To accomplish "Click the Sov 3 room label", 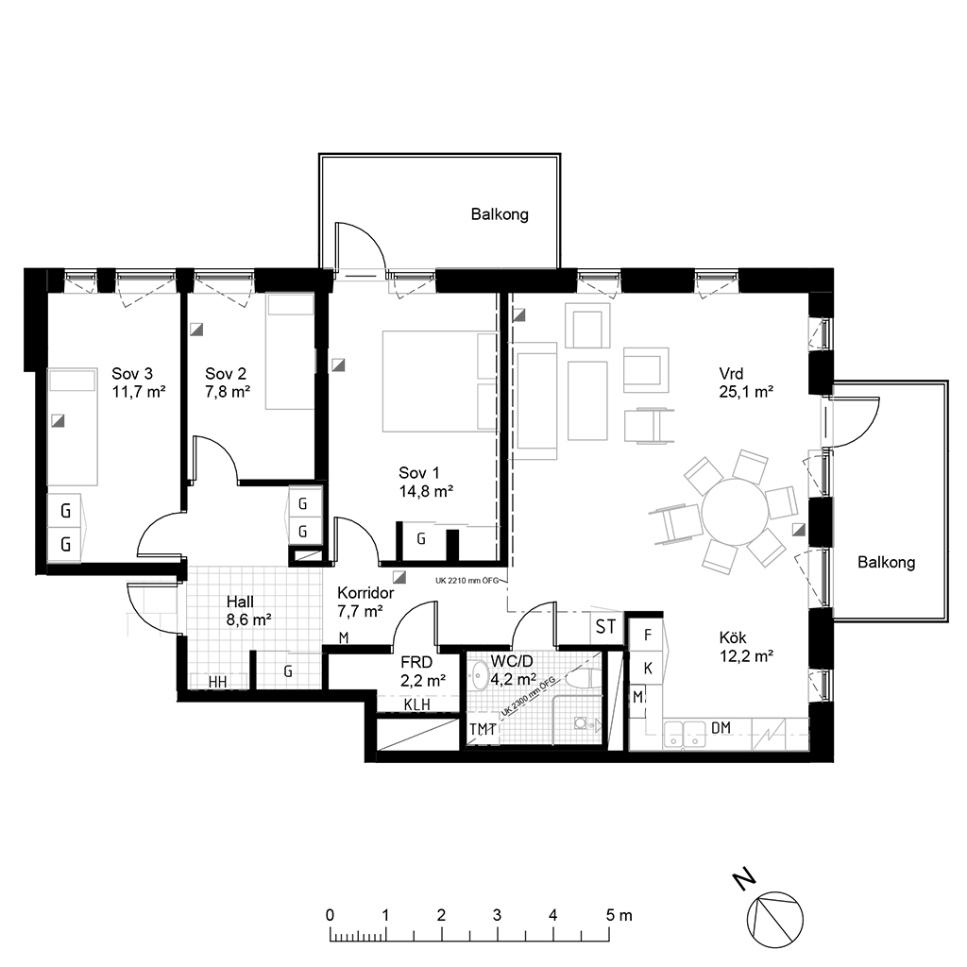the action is pos(132,374).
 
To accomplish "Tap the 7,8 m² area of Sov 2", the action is pos(228,392).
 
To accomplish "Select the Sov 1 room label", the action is pos(419,473).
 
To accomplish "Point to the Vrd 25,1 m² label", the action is pos(746,382).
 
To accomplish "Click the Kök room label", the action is pos(733,637).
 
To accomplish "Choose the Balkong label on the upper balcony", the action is pos(500,214).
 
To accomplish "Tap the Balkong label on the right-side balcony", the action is pos(886,563).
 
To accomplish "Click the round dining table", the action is pos(735,511).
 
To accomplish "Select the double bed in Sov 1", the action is pos(440,382).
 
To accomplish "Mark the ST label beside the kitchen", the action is pos(605,627).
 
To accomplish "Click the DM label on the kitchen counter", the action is pos(721,728).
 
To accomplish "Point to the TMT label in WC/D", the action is pos(483,730).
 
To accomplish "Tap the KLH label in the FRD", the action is pos(416,704).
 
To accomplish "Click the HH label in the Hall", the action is pos(218,682).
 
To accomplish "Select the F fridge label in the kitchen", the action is pos(648,636).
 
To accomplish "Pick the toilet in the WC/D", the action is pos(579,680).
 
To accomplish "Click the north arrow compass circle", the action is pos(775,920).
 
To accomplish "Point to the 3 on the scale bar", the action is pos(497,915).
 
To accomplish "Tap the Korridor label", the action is pos(365,593).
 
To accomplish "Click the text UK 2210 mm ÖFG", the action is pos(467,581).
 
